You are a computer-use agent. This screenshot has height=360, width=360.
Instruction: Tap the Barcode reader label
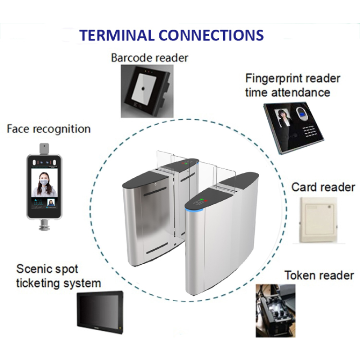(x=149, y=58)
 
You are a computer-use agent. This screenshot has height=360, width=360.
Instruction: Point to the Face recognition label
(x=49, y=129)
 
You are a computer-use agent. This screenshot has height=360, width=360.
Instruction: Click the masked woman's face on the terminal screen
(x=44, y=182)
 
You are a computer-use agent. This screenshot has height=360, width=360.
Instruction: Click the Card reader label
(x=323, y=187)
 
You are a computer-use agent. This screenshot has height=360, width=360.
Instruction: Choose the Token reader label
(x=319, y=275)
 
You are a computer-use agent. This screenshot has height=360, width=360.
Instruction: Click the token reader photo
(x=275, y=310)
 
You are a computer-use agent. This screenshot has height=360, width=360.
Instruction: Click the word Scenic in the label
(x=34, y=269)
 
